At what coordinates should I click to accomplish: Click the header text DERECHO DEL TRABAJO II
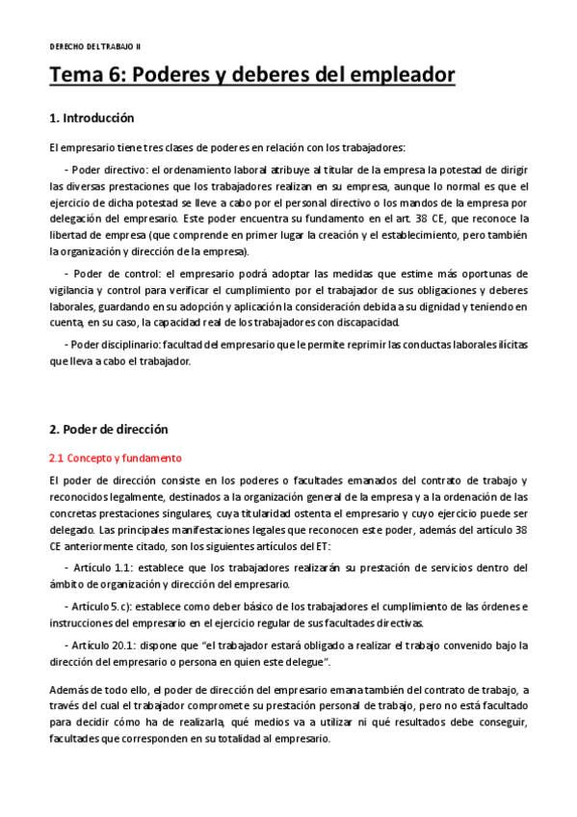94,46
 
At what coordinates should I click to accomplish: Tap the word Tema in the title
80,75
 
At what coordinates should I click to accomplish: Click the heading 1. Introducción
92,119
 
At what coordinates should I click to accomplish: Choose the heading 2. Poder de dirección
108,430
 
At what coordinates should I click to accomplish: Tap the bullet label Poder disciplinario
112,344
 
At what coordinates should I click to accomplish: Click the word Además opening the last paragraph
68,691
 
